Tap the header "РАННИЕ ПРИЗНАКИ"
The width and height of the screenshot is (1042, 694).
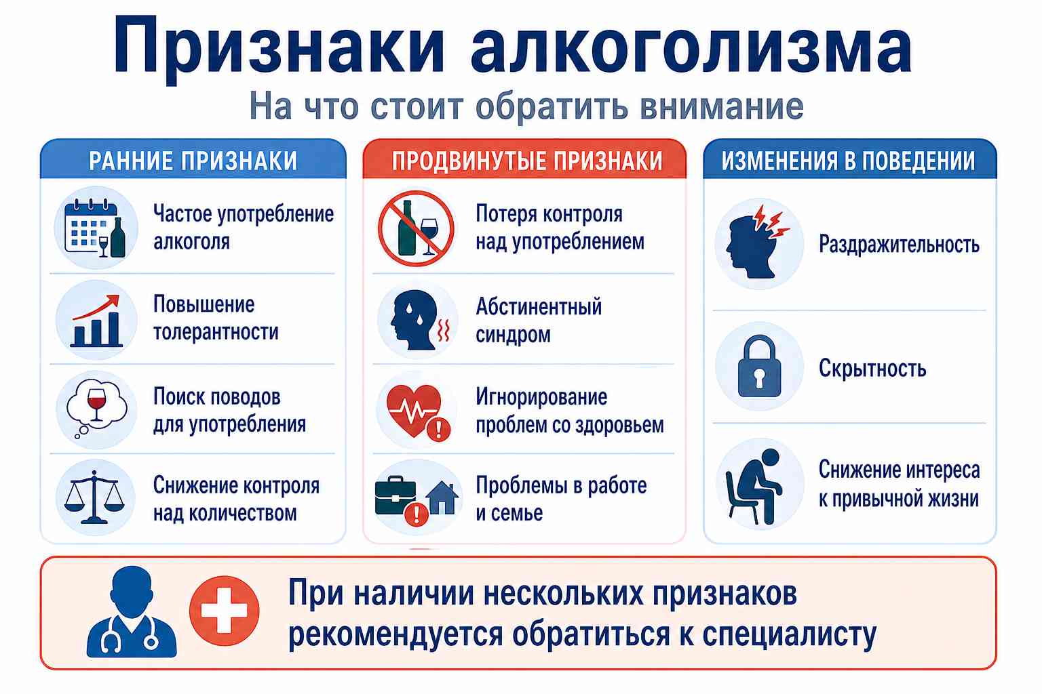click(193, 161)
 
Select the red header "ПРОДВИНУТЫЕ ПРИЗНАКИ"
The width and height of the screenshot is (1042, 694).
click(527, 161)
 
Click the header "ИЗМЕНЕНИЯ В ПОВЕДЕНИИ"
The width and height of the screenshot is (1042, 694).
click(848, 161)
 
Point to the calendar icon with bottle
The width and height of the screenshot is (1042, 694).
click(96, 228)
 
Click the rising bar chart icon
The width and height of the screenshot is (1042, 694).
click(96, 321)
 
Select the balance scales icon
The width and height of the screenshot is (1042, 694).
click(94, 497)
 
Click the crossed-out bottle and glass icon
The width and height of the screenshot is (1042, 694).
click(416, 228)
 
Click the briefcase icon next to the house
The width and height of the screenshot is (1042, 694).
click(396, 495)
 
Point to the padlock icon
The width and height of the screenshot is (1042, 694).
click(759, 366)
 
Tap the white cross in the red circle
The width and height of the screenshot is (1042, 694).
click(225, 611)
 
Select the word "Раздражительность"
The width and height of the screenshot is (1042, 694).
click(899, 245)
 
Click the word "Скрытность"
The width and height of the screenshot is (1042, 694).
click(872, 368)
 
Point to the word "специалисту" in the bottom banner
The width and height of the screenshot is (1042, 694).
click(789, 636)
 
